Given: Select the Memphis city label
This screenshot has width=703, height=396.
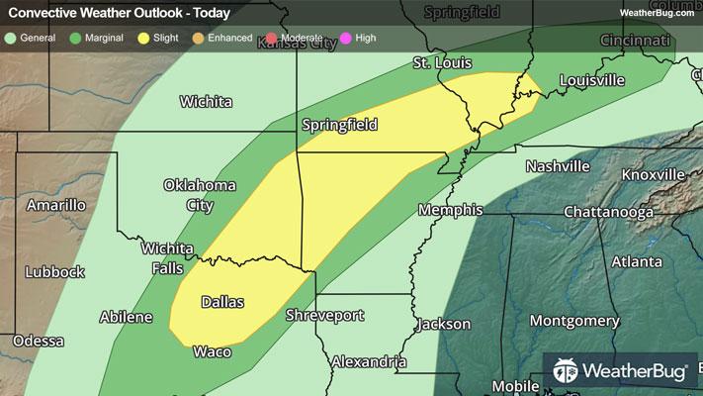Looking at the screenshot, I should pos(450,210).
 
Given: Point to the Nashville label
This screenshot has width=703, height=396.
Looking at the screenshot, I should pos(557,166).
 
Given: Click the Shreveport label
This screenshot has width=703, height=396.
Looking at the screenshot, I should pos(324,316).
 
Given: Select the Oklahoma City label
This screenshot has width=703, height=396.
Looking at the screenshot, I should pos(201,195).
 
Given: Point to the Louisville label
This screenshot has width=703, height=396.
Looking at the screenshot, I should pos(592,80).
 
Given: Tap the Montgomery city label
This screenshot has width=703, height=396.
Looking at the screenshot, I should pos(573,321).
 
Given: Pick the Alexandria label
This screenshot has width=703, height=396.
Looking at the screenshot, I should pos(369,361).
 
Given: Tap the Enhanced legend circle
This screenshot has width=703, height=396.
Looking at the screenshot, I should pos(197,39).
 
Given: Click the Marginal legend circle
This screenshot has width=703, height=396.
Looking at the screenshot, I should pos(76,39).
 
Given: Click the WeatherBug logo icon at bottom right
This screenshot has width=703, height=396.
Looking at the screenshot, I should pos(566,372).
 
